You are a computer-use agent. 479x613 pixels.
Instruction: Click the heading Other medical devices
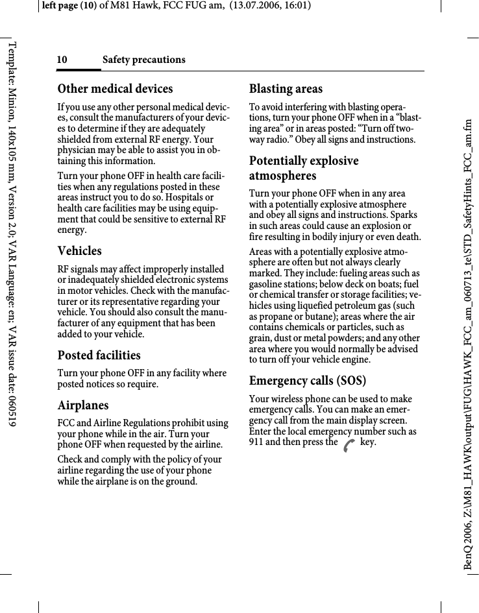pyautogui.click(x=115, y=89)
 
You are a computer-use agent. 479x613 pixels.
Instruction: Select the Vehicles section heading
pyautogui.click(x=79, y=251)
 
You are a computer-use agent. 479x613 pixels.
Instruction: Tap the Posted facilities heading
pyautogui.click(x=99, y=355)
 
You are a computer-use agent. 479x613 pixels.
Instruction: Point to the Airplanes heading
pyautogui.click(x=83, y=405)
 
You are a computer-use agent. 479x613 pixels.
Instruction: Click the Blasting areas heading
pyautogui.click(x=286, y=89)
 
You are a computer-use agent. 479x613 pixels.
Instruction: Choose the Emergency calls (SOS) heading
pyautogui.click(x=308, y=381)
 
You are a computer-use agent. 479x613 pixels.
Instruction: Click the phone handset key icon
pyautogui.click(x=349, y=445)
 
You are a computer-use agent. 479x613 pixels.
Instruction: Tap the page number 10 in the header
pyautogui.click(x=62, y=60)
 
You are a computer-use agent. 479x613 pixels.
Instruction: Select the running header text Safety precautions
pyautogui.click(x=143, y=60)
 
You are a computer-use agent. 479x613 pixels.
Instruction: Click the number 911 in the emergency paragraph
pyautogui.click(x=258, y=442)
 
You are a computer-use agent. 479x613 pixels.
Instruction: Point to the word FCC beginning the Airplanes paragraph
pyautogui.click(x=67, y=424)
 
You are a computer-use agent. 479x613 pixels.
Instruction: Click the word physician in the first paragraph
pyautogui.click(x=77, y=150)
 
